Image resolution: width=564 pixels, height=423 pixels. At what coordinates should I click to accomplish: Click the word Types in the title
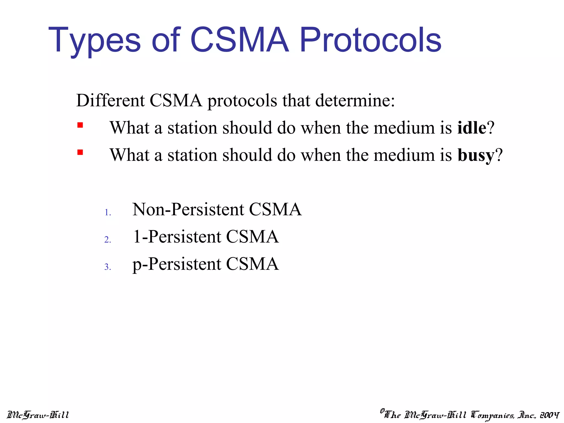pyautogui.click(x=94, y=41)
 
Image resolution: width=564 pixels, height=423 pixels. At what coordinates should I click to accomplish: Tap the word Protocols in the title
pyautogui.click(x=370, y=41)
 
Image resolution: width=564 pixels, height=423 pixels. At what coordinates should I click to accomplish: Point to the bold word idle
pyautogui.click(x=471, y=128)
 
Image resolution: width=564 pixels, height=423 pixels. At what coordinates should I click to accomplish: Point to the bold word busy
pyautogui.click(x=476, y=155)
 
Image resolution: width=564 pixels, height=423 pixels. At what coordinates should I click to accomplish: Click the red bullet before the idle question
pyautogui.click(x=80, y=126)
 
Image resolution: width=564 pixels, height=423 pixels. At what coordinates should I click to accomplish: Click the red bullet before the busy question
pyautogui.click(x=80, y=153)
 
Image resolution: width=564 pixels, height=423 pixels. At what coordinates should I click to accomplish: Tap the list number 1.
pyautogui.click(x=108, y=213)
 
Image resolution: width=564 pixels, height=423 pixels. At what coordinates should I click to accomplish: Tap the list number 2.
pyautogui.click(x=108, y=240)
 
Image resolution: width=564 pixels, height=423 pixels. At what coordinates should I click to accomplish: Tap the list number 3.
pyautogui.click(x=108, y=267)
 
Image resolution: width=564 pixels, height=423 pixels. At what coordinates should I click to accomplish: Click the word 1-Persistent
pyautogui.click(x=177, y=237)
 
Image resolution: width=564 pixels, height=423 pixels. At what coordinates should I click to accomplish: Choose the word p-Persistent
pyautogui.click(x=177, y=264)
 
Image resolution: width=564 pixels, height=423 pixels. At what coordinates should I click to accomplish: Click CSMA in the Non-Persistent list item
pyautogui.click(x=275, y=209)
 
